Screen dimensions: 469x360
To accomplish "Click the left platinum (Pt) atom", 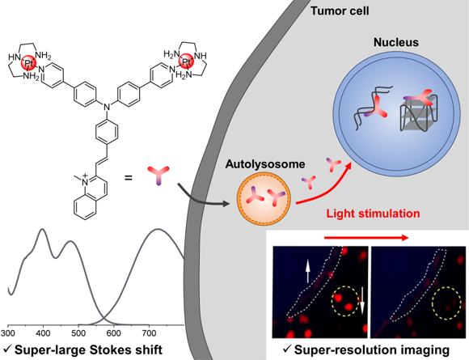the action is [29, 63].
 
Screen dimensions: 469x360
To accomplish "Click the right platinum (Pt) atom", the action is [186, 61].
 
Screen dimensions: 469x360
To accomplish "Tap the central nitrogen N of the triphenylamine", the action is [107, 106].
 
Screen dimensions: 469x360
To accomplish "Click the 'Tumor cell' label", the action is [340, 11].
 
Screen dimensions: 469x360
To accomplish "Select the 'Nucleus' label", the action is [396, 42].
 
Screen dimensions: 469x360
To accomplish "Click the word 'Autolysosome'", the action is [265, 164].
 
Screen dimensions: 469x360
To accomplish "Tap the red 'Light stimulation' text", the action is [373, 214].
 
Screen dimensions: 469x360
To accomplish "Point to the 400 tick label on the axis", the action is [43, 333].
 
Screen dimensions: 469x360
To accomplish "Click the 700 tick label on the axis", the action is [149, 333].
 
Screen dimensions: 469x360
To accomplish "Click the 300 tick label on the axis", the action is [8, 333].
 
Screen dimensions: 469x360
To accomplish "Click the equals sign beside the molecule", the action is [129, 178].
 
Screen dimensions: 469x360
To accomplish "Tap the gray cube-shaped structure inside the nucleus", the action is [419, 115].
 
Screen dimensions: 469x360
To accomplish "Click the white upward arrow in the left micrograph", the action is [307, 271].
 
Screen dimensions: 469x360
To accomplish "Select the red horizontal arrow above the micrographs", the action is [366, 238].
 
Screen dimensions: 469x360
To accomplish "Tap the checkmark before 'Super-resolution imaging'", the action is [287, 349].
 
